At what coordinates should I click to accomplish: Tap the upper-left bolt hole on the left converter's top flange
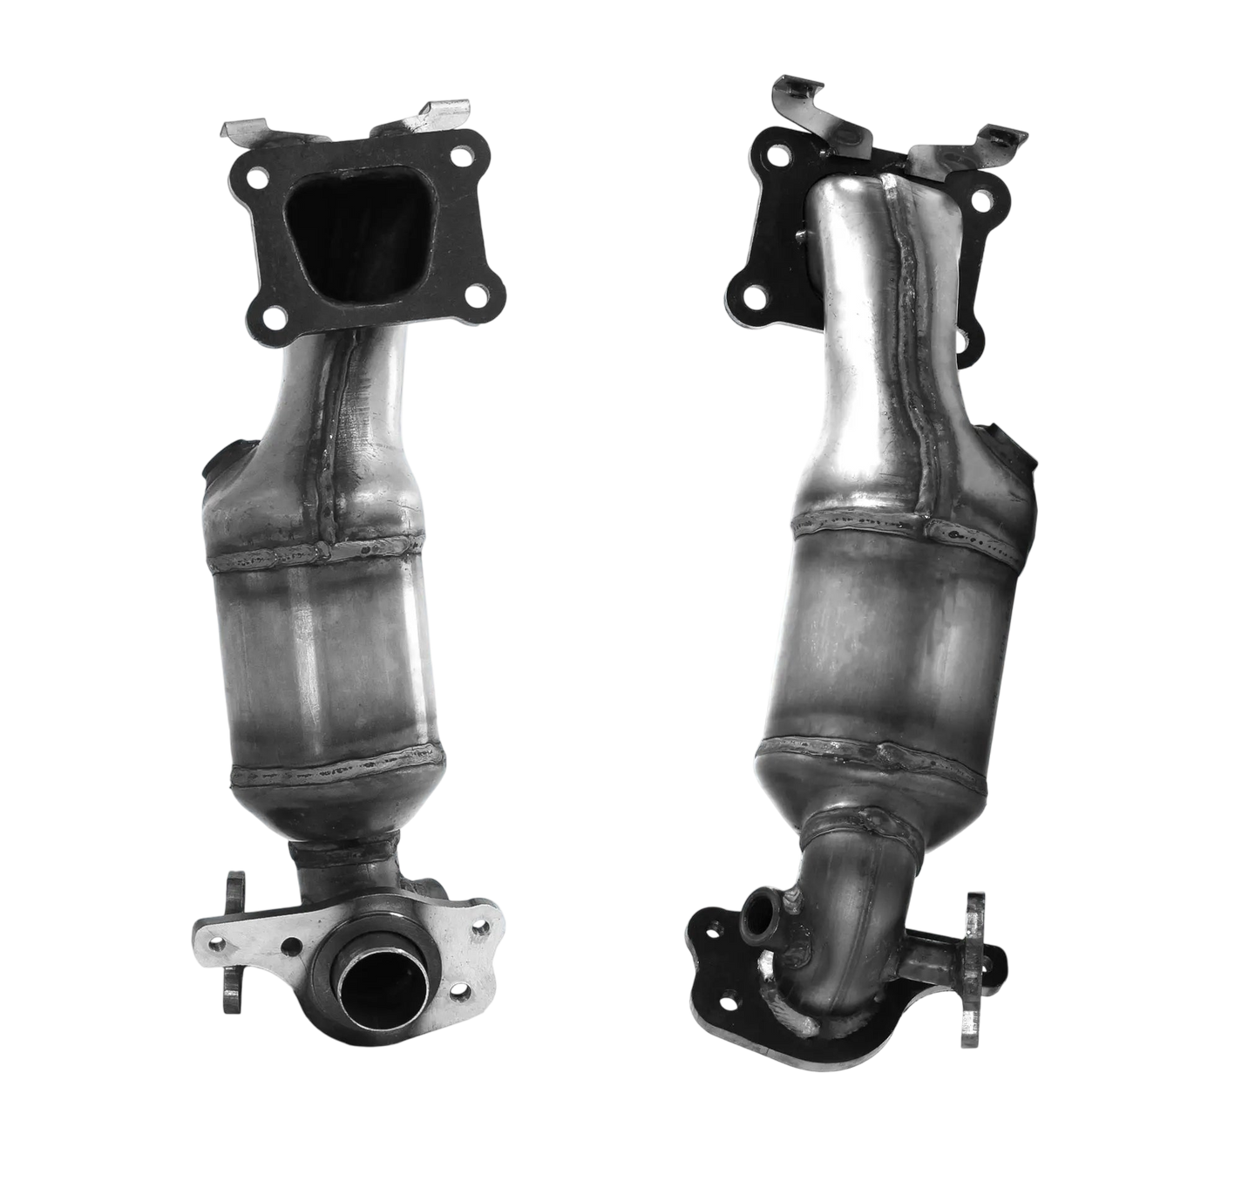point(256,180)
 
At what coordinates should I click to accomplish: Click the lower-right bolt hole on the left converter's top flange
point(476,295)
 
